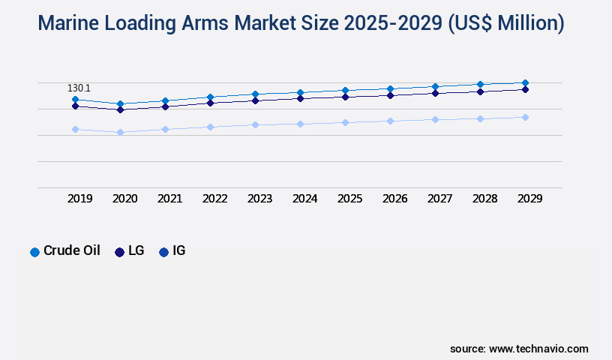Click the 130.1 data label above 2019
click(x=79, y=88)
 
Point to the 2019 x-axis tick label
click(x=80, y=199)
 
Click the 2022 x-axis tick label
click(x=215, y=199)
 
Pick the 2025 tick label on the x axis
click(x=350, y=199)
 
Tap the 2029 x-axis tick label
click(x=530, y=199)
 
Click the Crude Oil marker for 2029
click(x=525, y=82)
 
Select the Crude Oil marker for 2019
click(x=75, y=99)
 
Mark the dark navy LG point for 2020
click(x=120, y=109)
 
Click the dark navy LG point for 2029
click(x=525, y=89)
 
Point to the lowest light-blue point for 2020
click(x=120, y=132)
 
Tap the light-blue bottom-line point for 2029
click(x=525, y=117)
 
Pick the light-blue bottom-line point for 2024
click(x=300, y=124)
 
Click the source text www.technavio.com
click(x=538, y=349)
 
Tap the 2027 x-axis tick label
click(x=440, y=199)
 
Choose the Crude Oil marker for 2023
click(x=255, y=94)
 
